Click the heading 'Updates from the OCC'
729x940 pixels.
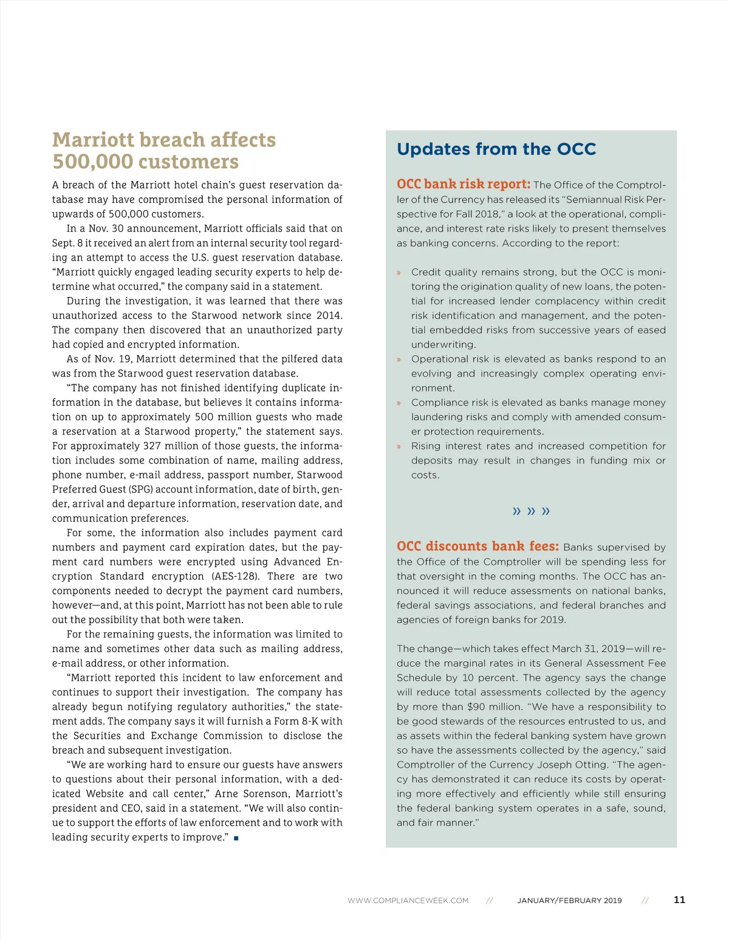click(x=496, y=149)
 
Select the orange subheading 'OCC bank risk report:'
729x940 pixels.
click(x=464, y=184)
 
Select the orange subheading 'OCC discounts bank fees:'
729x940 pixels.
click(x=477, y=546)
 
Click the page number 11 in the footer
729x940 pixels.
click(x=679, y=900)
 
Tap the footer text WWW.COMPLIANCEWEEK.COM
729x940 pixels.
click(x=408, y=901)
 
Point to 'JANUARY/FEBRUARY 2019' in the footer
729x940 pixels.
click(x=569, y=901)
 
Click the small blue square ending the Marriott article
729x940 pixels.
click(x=236, y=838)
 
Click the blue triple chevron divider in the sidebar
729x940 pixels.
click(x=531, y=511)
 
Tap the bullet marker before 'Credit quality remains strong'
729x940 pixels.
click(x=399, y=273)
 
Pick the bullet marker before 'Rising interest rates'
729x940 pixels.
click(x=399, y=446)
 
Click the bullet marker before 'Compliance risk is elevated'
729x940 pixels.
click(x=399, y=403)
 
